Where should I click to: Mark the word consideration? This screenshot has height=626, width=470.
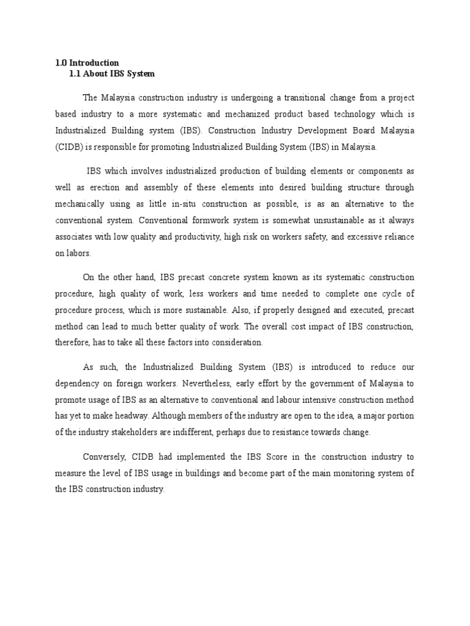[x=231, y=342]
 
